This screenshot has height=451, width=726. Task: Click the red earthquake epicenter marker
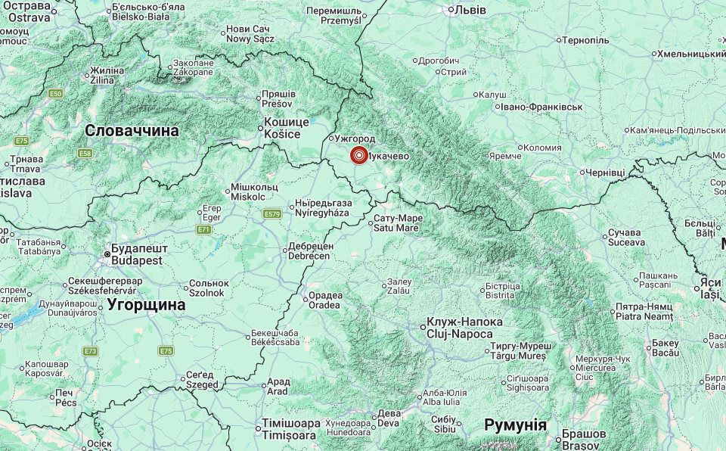(358, 156)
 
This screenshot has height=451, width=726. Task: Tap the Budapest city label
(137, 254)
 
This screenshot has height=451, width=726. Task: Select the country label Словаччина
(132, 131)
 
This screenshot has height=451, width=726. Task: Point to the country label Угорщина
(146, 304)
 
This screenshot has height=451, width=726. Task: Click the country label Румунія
(515, 425)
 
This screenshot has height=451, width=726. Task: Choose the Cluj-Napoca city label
(460, 328)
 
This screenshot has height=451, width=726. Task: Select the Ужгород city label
(355, 139)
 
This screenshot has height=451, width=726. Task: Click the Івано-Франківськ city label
(540, 107)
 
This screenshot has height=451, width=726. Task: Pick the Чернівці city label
(606, 173)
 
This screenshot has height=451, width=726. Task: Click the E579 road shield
(272, 214)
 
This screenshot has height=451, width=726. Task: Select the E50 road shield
(55, 93)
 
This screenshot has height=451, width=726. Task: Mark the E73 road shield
(91, 351)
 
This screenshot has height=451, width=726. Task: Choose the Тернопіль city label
(586, 39)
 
